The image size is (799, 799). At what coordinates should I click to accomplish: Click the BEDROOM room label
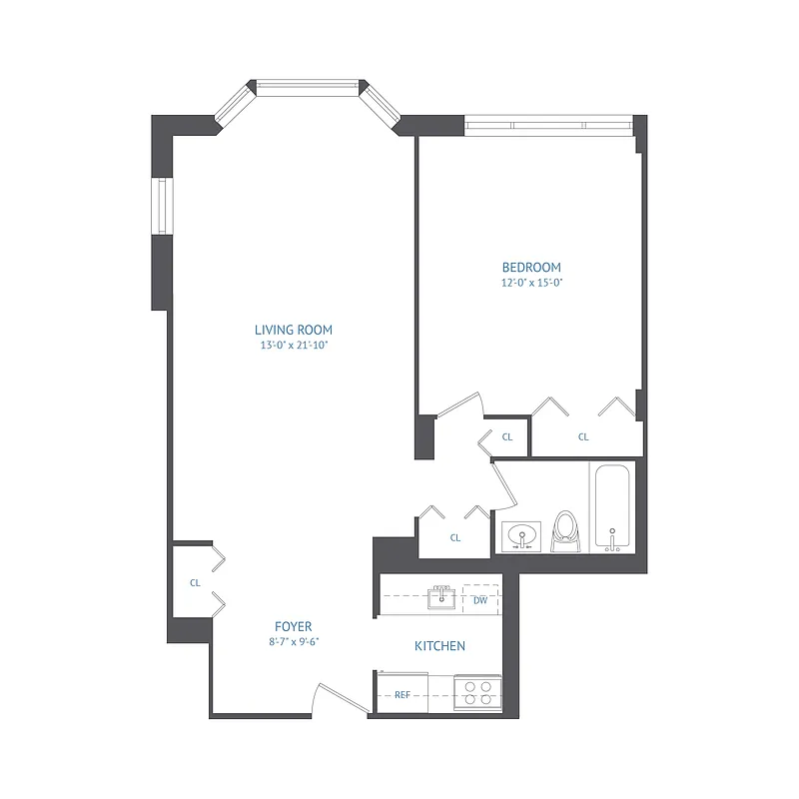[x=530, y=268]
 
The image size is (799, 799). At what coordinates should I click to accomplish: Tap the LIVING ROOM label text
[x=293, y=330]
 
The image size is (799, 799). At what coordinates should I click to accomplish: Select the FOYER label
[x=293, y=626]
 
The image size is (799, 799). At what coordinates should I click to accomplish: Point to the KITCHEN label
[x=439, y=646]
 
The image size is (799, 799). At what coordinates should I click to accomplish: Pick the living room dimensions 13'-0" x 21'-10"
[x=293, y=346]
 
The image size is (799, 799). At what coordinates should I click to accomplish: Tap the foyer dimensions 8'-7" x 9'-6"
[x=293, y=641]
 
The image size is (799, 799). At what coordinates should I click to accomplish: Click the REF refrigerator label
[x=402, y=694]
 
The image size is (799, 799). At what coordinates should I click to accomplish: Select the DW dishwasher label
[x=480, y=600]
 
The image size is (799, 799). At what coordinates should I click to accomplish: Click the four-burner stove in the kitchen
[x=477, y=693]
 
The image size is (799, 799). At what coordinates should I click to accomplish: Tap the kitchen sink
[x=439, y=598]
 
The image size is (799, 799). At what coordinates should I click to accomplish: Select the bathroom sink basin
[x=520, y=536]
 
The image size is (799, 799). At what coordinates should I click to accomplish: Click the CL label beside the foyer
[x=196, y=582]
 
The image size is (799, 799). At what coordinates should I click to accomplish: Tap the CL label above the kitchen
[x=455, y=537]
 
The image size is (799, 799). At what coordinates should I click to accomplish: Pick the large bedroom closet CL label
[x=583, y=436]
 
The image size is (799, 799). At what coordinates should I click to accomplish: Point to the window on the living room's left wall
[x=161, y=207]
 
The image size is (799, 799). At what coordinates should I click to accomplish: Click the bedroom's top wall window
[x=548, y=125]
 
